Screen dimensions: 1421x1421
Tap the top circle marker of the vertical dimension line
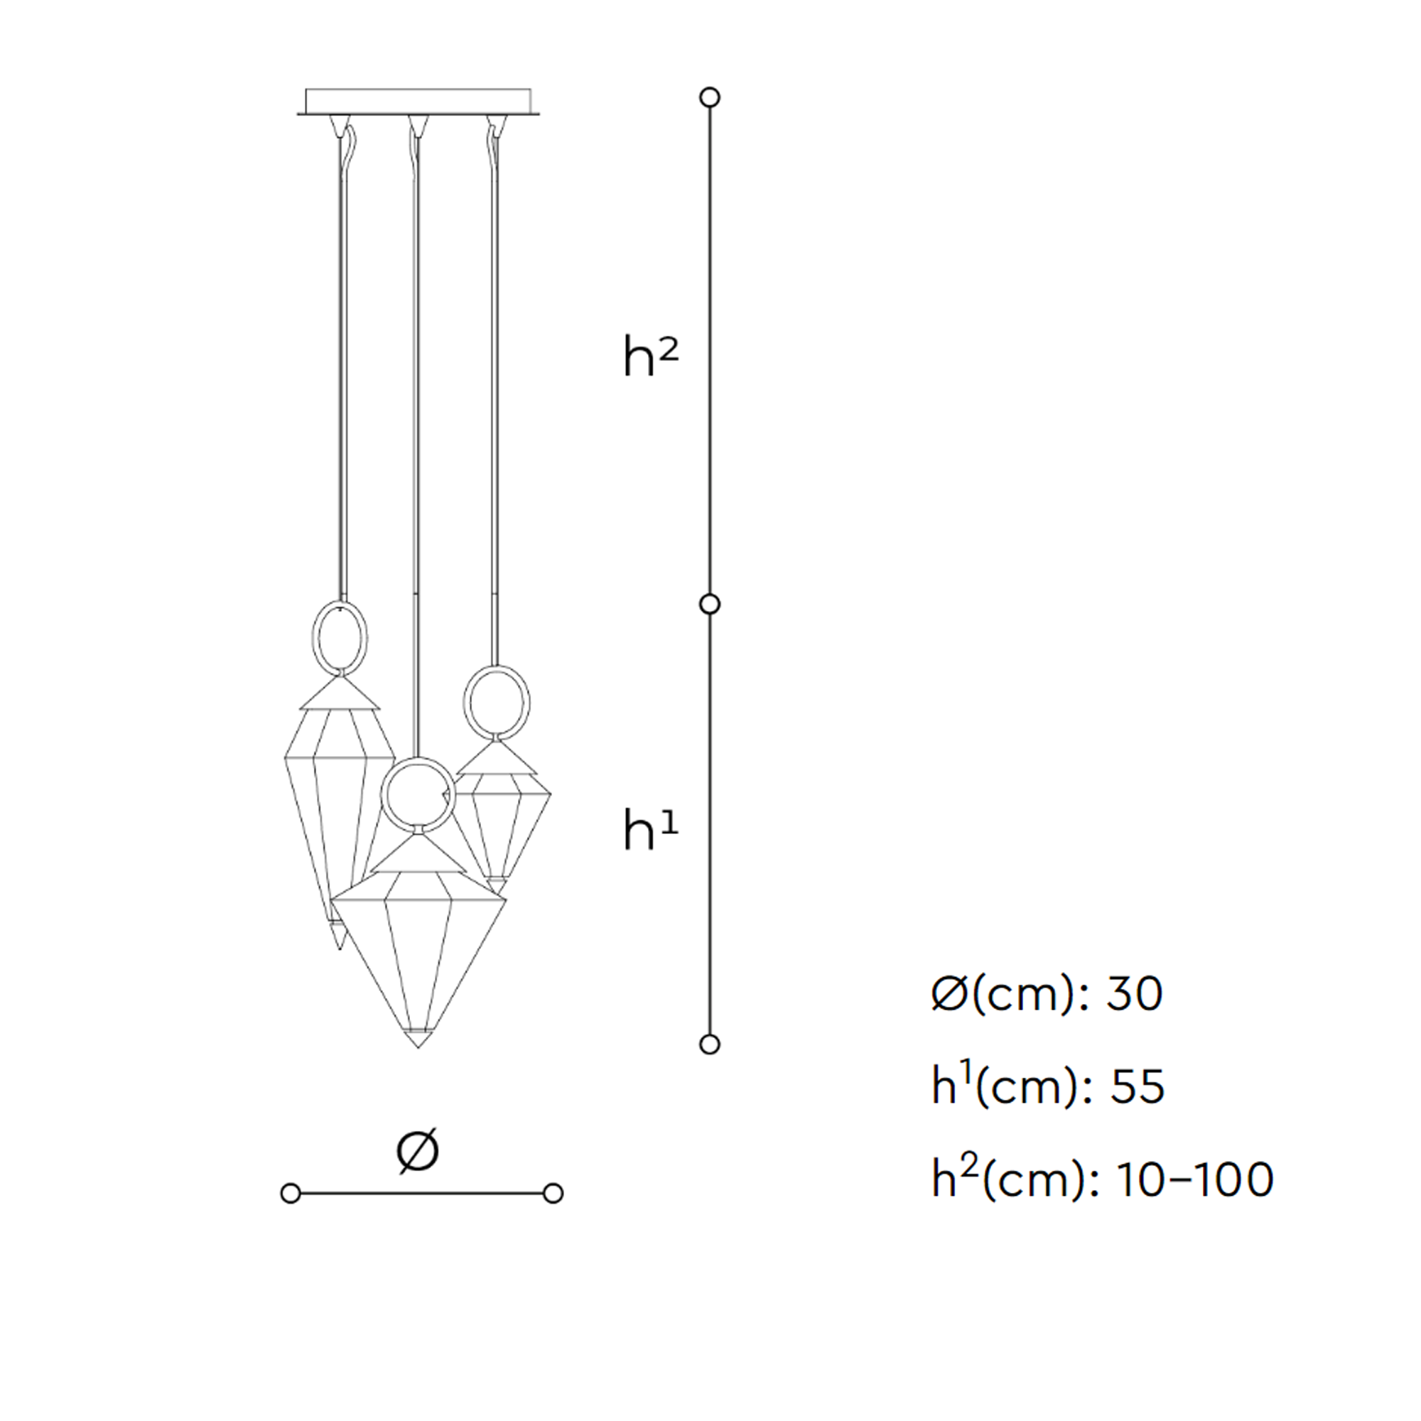(x=710, y=97)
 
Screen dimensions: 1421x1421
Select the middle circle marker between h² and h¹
(x=710, y=605)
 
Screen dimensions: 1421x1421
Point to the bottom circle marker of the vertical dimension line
(x=710, y=1044)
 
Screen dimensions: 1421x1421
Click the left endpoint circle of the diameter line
(x=291, y=1193)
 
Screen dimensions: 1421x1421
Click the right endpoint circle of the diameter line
(x=553, y=1193)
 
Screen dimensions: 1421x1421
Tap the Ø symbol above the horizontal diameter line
(x=418, y=1150)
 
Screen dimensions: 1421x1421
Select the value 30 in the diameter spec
(x=1135, y=994)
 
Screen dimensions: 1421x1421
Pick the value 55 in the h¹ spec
(x=1137, y=1086)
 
